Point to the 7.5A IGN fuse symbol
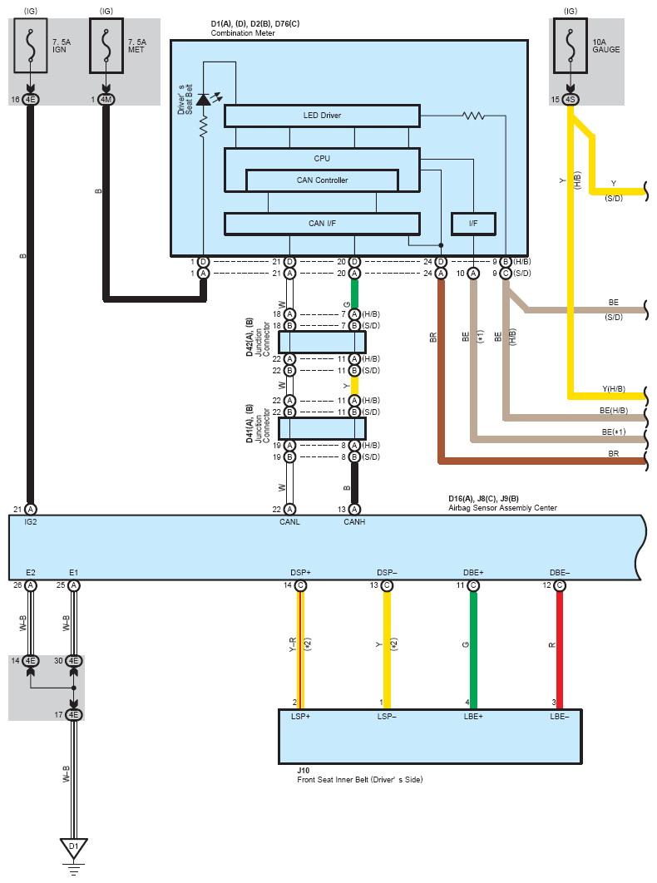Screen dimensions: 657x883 coord(31,46)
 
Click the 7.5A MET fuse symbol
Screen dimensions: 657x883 coord(106,46)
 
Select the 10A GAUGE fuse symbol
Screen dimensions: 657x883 coord(571,46)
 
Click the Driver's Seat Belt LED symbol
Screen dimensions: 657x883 coord(204,100)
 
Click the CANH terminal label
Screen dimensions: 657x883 coord(354,522)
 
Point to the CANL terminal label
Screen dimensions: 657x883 coord(289,522)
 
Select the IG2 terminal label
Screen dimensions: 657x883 coord(31,522)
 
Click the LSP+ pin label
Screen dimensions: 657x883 coord(300,717)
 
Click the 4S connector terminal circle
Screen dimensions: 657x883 coord(571,100)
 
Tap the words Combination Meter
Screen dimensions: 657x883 coord(243,33)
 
